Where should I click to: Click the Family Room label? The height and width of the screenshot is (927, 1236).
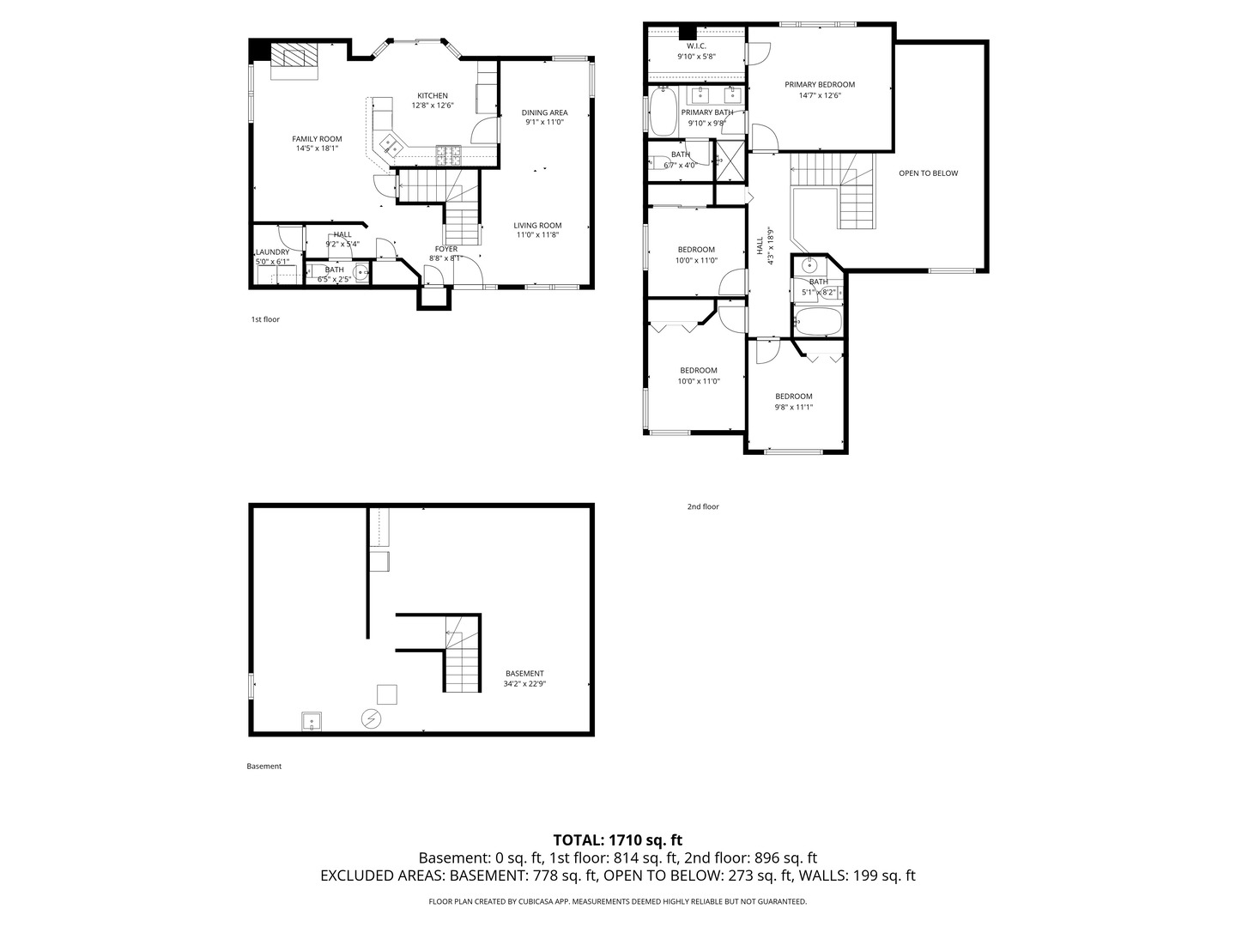point(317,139)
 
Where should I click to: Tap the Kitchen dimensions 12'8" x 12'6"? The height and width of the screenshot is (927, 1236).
point(433,106)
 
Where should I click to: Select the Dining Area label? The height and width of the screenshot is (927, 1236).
point(544,112)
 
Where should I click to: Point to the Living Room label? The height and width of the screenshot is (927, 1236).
point(537,226)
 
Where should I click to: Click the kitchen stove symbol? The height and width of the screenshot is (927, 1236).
point(448,155)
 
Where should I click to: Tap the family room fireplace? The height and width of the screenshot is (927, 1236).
point(294,59)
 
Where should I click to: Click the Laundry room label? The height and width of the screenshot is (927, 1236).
point(273,252)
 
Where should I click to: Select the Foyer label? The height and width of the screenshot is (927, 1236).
point(445,249)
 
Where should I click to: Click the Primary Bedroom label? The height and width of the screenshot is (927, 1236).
point(820,84)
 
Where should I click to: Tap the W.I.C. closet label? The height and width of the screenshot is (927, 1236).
point(696,45)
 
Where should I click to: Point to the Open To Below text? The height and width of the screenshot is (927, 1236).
point(928,173)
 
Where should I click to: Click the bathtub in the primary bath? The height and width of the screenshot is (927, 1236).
point(663,114)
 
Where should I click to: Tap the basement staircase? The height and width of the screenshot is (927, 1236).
point(462,661)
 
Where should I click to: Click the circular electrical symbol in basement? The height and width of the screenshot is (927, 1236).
point(371,718)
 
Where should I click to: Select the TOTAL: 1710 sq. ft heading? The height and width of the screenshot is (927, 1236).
point(617,840)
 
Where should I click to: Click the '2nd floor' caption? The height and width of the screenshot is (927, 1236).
point(703,506)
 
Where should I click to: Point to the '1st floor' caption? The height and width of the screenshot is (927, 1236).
point(265,319)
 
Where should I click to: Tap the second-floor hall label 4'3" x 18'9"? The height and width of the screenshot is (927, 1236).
point(760,246)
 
